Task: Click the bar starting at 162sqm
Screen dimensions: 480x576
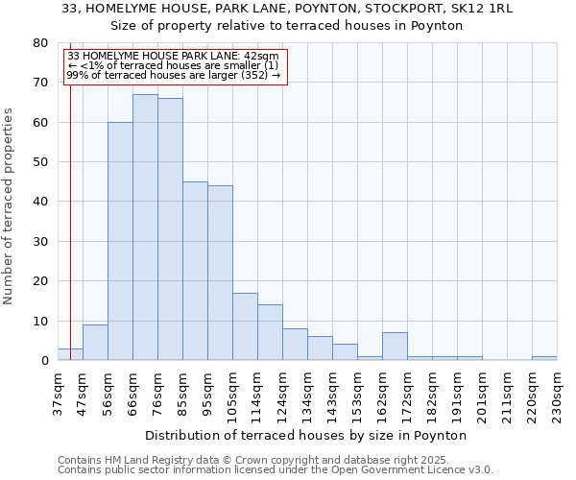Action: pos(395,347)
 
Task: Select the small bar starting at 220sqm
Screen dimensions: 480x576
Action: pos(544,358)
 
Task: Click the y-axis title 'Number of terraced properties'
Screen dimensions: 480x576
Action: pos(9,205)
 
